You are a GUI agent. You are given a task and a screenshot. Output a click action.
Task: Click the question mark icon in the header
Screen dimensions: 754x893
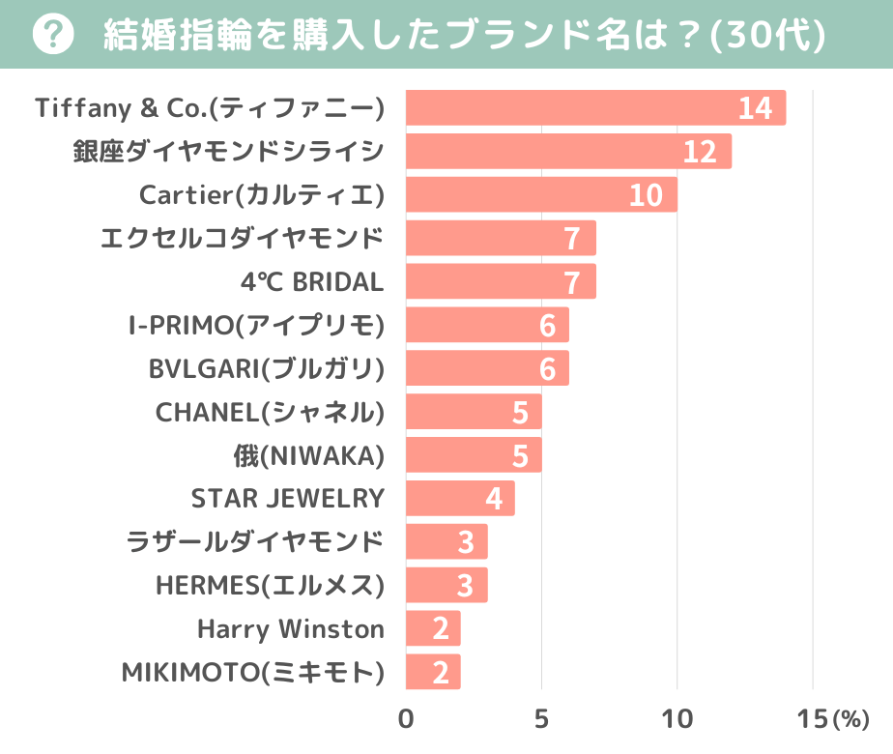[x=53, y=36]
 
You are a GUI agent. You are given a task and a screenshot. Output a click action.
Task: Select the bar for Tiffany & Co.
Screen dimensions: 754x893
[x=595, y=108]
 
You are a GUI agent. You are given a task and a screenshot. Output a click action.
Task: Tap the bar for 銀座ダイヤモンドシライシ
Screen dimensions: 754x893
[x=568, y=152]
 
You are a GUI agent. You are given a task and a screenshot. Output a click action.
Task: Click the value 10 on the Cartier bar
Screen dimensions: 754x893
[x=646, y=195]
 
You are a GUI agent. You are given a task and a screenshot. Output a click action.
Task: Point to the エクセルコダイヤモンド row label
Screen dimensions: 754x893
[x=243, y=238]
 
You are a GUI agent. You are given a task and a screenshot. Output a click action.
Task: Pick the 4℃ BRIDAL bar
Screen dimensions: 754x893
[x=501, y=282]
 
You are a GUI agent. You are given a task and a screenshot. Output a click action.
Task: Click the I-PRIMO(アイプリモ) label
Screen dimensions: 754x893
[x=256, y=326]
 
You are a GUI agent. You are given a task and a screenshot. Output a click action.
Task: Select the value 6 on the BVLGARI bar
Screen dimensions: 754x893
[x=548, y=369]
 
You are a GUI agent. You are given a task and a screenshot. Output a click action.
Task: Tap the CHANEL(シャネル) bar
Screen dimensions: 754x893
[x=474, y=413]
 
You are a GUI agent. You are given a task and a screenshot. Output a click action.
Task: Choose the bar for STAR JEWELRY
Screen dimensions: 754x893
[x=460, y=499]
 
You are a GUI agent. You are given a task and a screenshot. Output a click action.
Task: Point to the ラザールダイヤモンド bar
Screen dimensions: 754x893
[x=446, y=542]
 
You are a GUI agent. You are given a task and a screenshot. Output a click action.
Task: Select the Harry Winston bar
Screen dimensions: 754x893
[x=433, y=629]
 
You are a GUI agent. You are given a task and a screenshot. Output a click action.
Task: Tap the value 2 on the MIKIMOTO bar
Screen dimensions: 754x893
[x=441, y=673]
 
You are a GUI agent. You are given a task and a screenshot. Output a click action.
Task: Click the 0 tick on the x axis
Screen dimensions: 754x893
[x=406, y=719]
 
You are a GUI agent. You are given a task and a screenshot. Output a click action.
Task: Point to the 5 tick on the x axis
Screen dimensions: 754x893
[x=541, y=719]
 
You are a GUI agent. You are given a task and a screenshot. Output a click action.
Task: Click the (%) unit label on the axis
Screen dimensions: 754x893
[x=851, y=720]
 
